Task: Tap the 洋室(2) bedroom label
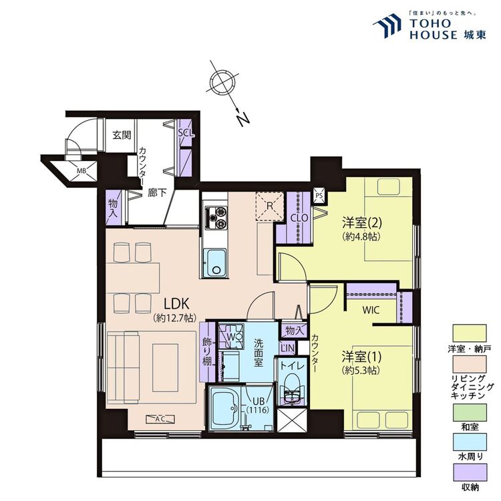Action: pyautogui.click(x=362, y=222)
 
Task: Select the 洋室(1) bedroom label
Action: pyautogui.click(x=361, y=356)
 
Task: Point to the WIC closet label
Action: pyautogui.click(x=371, y=309)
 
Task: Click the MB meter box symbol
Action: pyautogui.click(x=81, y=171)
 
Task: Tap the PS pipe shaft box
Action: pyautogui.click(x=319, y=195)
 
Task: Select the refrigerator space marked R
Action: pyautogui.click(x=270, y=206)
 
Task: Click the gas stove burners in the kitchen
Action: pyautogui.click(x=216, y=216)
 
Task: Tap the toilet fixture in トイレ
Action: pyautogui.click(x=291, y=391)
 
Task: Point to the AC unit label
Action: pyautogui.click(x=160, y=419)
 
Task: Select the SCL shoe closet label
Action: pyautogui.click(x=186, y=133)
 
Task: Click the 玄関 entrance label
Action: pyautogui.click(x=122, y=135)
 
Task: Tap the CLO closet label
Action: pyautogui.click(x=299, y=218)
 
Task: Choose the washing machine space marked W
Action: pyautogui.click(x=230, y=337)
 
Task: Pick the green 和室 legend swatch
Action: pyautogui.click(x=470, y=413)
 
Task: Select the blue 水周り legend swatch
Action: pyautogui.click(x=470, y=442)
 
